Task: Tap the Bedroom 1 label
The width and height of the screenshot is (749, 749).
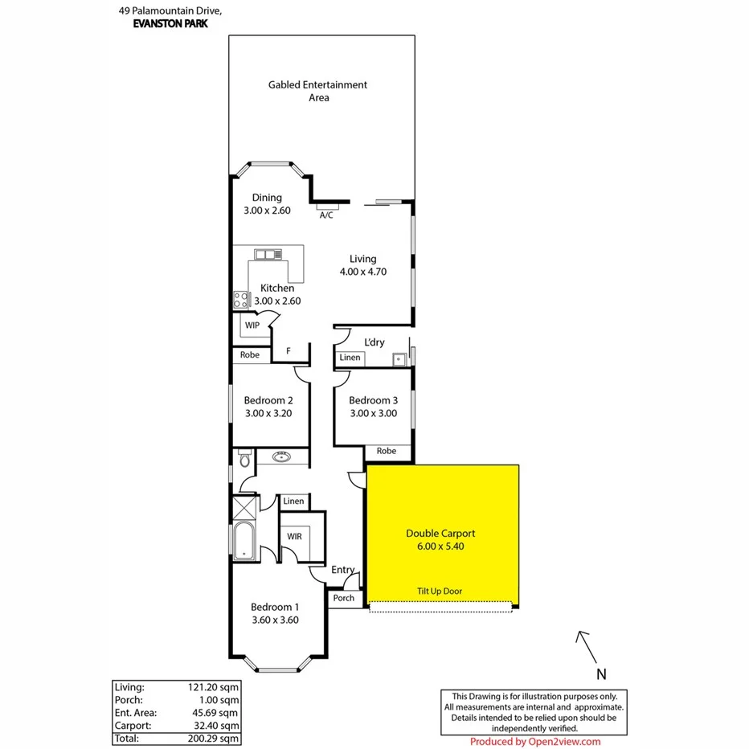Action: coord(275,607)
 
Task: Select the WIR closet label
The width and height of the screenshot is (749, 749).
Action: coord(294,536)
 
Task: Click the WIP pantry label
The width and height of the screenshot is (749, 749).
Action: coord(252,325)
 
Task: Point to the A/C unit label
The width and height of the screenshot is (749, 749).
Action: coord(326,215)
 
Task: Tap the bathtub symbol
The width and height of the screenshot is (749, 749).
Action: coord(243,542)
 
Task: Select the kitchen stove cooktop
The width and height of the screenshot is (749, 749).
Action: coord(241,300)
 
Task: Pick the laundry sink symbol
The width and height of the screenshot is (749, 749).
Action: coord(397,359)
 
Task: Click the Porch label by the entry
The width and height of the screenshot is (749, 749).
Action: coord(344,598)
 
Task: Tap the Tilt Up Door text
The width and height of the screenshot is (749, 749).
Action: coord(440,591)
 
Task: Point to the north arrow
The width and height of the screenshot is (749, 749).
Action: coord(585,645)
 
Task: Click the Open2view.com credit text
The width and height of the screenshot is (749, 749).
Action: coord(534,741)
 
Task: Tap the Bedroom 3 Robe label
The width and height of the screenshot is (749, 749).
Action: coord(387,451)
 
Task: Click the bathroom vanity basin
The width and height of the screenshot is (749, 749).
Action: coord(281,457)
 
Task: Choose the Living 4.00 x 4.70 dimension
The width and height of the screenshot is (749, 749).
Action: coord(362,272)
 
